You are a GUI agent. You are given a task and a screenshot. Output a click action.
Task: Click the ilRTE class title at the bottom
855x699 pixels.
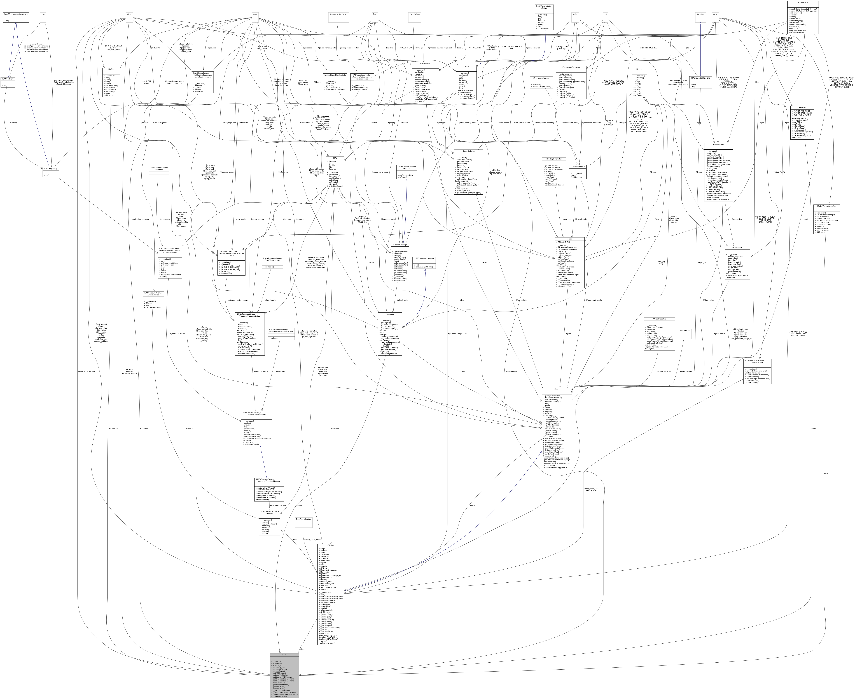(284, 655)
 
